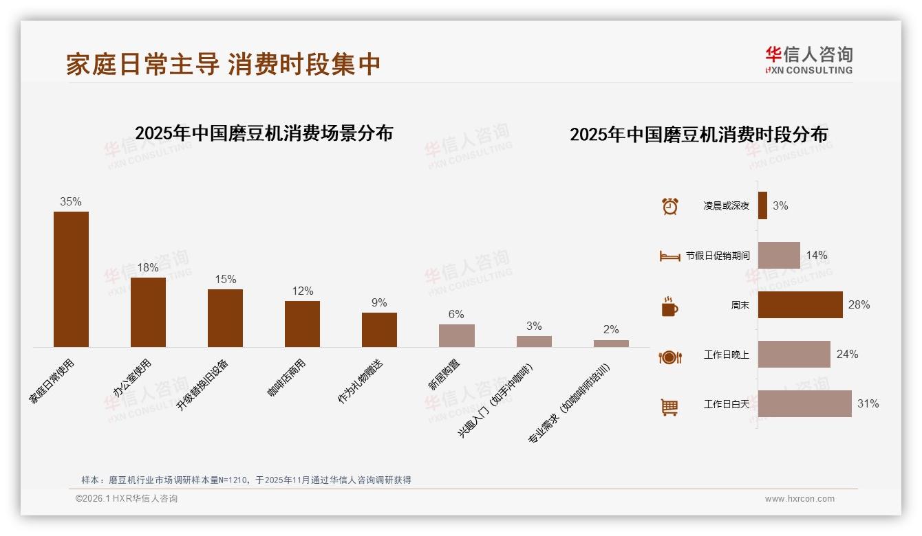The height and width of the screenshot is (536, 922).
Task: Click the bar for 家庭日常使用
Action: tap(71, 279)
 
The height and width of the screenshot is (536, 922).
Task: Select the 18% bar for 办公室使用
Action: tap(148, 312)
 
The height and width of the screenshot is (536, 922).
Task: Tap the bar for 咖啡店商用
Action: tap(302, 324)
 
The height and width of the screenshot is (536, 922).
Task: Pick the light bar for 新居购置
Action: tap(456, 335)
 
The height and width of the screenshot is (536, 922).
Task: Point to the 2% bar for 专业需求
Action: tap(611, 343)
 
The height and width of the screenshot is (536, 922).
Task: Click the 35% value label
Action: tap(71, 201)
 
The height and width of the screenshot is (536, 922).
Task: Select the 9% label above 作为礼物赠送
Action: tap(379, 302)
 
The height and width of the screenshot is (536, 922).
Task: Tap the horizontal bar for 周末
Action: tap(800, 304)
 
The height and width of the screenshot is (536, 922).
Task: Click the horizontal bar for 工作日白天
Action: tap(805, 403)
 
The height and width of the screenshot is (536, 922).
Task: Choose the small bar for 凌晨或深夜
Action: tap(762, 205)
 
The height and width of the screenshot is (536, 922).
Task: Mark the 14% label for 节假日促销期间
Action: tap(817, 255)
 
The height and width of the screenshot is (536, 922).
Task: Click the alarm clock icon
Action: tap(669, 206)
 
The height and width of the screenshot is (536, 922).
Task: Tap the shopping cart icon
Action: tap(669, 407)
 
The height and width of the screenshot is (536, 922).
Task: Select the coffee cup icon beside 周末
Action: tap(669, 306)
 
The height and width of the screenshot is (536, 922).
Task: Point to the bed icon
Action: tap(669, 256)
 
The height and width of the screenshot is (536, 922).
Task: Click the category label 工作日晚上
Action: tap(726, 355)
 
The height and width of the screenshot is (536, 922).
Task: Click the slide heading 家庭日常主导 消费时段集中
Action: tap(224, 64)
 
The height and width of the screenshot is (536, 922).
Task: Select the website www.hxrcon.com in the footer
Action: tap(800, 499)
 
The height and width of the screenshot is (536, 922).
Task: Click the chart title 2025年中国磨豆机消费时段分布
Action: tap(698, 134)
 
